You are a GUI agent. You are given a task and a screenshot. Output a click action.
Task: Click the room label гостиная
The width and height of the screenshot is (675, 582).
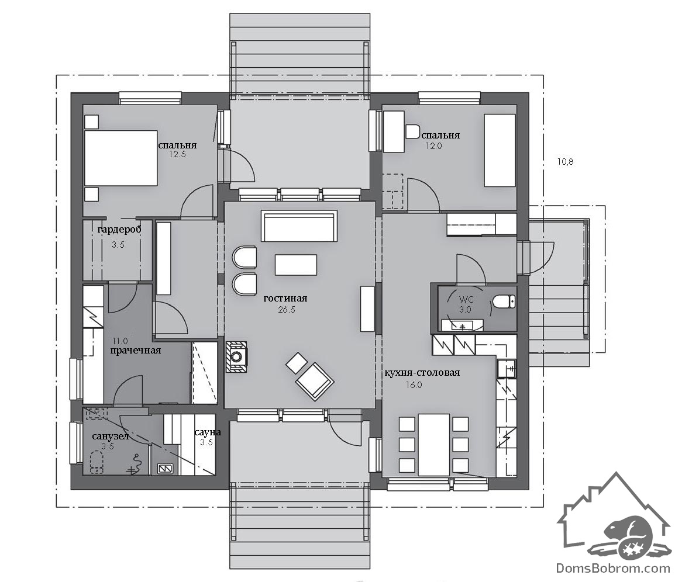(x=285, y=299)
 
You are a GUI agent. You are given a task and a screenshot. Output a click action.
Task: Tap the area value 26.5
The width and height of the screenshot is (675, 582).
(x=287, y=310)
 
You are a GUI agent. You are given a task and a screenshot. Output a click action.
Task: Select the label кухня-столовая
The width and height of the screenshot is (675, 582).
(x=422, y=372)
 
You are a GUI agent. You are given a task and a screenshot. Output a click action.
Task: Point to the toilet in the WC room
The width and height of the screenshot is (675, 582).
(x=503, y=302)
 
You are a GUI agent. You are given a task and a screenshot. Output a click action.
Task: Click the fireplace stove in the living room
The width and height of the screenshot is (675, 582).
(x=236, y=356)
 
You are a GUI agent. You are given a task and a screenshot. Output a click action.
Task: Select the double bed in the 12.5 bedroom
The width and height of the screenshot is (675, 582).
(x=120, y=158)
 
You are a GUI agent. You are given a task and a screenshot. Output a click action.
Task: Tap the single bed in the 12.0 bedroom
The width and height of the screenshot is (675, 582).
(x=500, y=150)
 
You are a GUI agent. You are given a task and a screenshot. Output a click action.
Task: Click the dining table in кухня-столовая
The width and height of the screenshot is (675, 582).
(x=434, y=445)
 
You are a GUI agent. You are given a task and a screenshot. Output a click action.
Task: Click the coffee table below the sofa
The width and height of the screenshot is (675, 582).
(x=296, y=265)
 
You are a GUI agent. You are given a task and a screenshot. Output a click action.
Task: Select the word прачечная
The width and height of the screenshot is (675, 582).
(x=136, y=351)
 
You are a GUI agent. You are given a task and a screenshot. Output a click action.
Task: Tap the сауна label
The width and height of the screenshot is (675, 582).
(x=208, y=432)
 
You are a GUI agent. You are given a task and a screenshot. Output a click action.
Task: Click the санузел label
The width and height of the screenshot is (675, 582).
(x=111, y=437)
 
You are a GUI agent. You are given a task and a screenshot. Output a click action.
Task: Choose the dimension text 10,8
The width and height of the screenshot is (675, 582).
(x=565, y=162)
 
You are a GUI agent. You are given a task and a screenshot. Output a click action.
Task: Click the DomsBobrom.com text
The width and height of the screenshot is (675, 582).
(x=613, y=568)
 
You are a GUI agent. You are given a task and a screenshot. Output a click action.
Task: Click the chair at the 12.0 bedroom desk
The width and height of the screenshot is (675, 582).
(x=412, y=131)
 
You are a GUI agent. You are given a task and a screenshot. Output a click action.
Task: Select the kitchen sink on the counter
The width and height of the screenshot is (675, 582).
(x=507, y=368)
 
